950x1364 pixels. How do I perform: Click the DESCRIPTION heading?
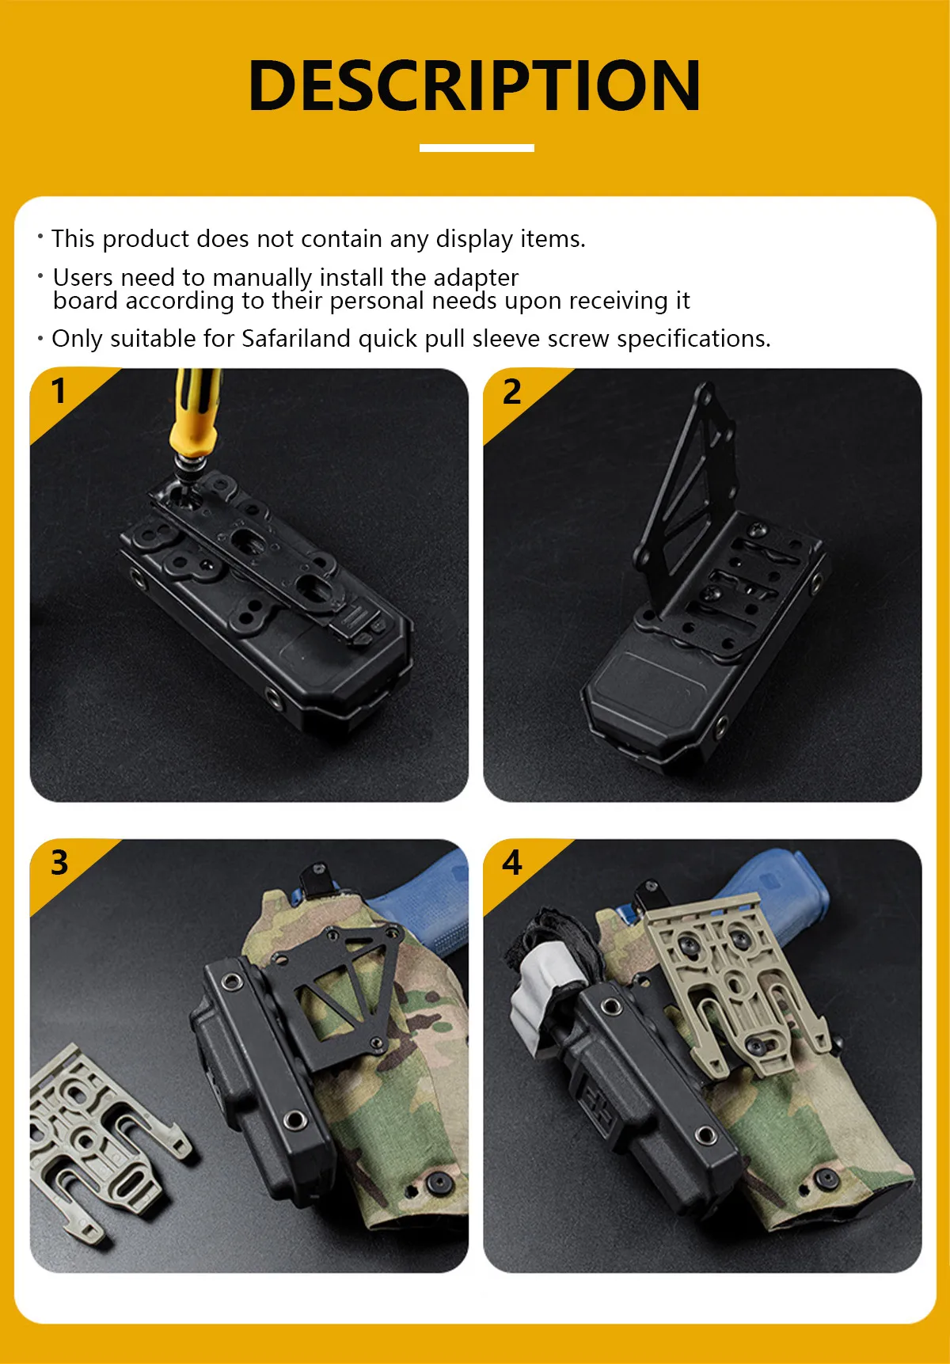tap(475, 85)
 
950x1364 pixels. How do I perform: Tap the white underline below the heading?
tap(477, 148)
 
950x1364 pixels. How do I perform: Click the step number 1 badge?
tap(59, 391)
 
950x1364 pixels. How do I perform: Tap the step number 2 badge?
tap(512, 392)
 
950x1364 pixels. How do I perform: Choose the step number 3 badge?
tap(59, 862)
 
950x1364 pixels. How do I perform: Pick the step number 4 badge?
tap(512, 862)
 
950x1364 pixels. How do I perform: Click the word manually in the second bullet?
tap(262, 278)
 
